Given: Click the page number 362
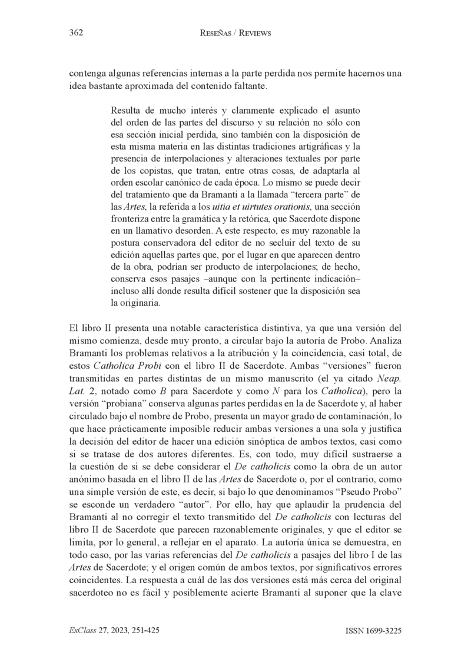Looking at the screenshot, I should pyautogui.click(x=75, y=34).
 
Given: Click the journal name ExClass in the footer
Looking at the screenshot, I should pyautogui.click(x=82, y=630).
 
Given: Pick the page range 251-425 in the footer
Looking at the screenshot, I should pyautogui.click(x=141, y=630).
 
